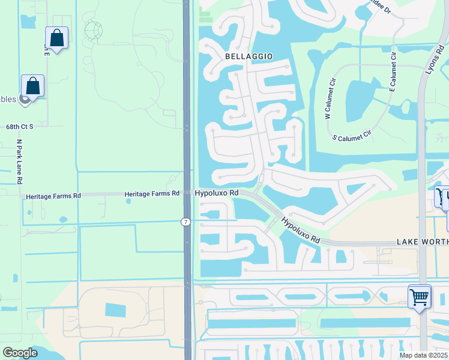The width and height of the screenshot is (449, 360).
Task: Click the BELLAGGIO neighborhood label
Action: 249,56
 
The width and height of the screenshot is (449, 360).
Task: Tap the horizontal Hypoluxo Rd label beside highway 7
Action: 217,193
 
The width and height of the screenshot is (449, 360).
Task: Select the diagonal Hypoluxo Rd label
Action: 301,231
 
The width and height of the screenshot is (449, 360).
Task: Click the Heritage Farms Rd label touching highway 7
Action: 152,194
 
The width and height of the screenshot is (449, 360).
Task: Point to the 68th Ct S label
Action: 19,127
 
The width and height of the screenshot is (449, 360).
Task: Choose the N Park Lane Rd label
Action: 19,161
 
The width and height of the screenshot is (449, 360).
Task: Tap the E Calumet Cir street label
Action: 393,71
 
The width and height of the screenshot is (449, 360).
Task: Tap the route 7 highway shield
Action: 185,222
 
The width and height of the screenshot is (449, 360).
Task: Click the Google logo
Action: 20,353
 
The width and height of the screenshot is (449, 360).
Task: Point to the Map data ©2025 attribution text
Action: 423,355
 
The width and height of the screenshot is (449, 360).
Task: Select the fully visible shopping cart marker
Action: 419,296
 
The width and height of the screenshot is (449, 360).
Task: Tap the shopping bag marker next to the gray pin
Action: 32,86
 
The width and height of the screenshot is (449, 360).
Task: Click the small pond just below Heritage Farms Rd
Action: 128,202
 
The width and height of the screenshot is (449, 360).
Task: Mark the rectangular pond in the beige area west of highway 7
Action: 116,310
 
